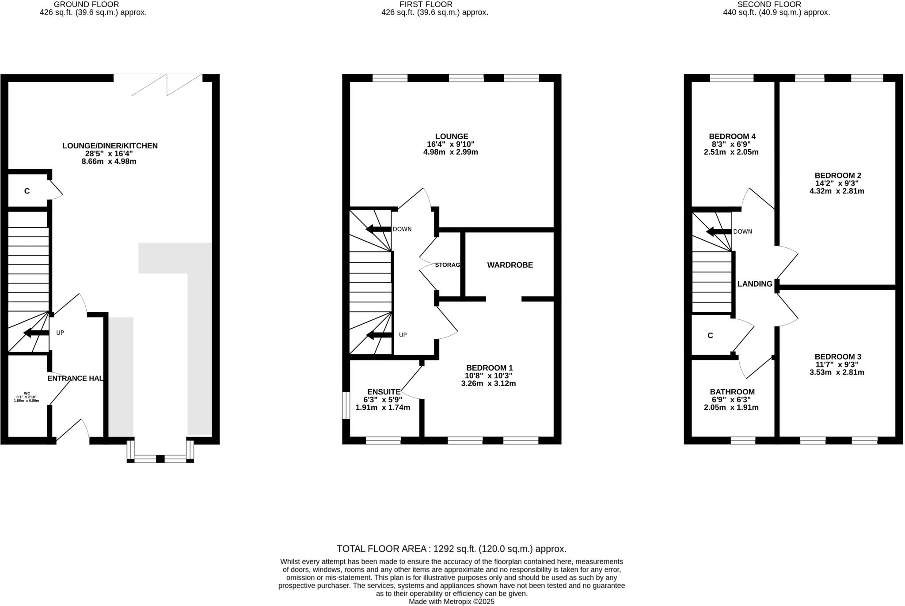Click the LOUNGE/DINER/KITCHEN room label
click(110, 146)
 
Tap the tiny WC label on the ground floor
click(27, 393)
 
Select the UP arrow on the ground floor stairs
click(36, 333)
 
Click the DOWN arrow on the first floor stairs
click(378, 229)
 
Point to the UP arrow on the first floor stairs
click(379, 335)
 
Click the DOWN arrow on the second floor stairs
click(719, 231)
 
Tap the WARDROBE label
click(510, 265)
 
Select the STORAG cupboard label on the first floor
click(447, 265)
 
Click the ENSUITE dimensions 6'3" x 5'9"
click(383, 399)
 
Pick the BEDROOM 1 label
click(489, 367)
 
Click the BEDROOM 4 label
click(729, 136)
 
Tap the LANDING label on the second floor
click(754, 284)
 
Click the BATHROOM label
click(732, 392)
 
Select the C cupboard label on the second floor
click(710, 336)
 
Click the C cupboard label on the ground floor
click(27, 191)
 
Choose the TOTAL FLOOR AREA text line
click(451, 549)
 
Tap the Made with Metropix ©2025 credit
click(451, 602)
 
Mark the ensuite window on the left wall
click(346, 405)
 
